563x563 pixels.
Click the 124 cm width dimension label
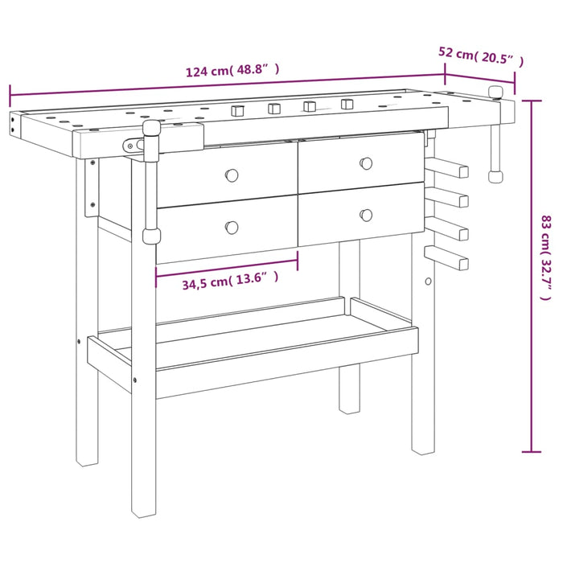point(232,70)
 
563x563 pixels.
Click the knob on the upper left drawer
point(232,175)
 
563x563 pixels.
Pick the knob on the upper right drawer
point(367,163)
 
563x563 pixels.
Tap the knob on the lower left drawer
point(232,228)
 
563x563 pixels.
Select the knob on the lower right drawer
point(366,214)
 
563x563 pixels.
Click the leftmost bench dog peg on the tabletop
point(237,111)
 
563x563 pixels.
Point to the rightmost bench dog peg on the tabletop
point(347,105)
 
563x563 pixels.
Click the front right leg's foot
point(423,442)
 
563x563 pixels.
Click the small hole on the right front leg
point(429,281)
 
